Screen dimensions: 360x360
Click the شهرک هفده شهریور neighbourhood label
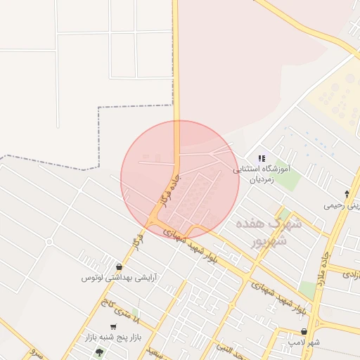tap(268, 233)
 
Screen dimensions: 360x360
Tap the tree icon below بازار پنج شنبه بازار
tap(99, 352)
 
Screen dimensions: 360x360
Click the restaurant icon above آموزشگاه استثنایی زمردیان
tap(261, 158)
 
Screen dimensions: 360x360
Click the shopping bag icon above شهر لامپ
tap(304, 331)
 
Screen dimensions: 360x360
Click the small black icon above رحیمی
tap(346, 194)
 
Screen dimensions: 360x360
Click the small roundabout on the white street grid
tap(49, 242)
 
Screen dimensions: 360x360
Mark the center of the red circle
tap(180, 179)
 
